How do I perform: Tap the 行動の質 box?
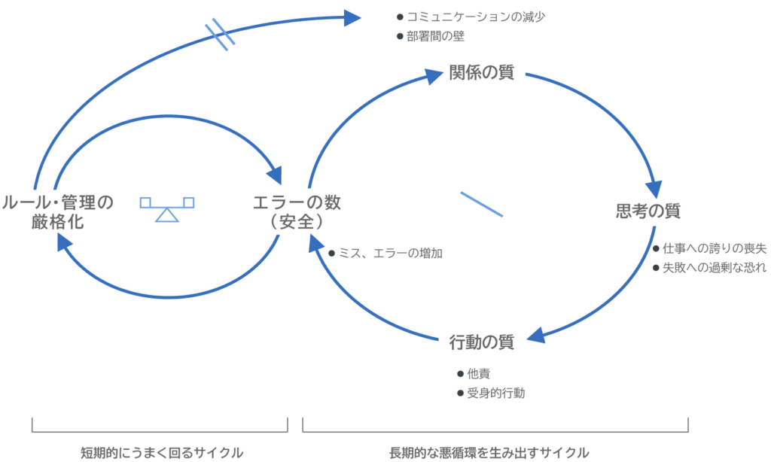(484, 342)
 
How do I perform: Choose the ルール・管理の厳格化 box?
(58, 212)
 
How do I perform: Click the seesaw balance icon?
(167, 208)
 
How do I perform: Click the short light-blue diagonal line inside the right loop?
(481, 203)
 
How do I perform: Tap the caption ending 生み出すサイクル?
(489, 453)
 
